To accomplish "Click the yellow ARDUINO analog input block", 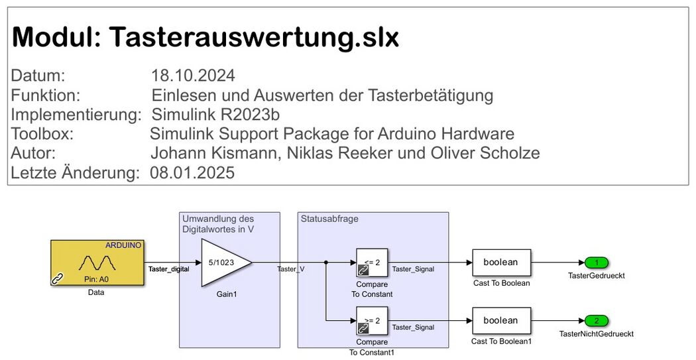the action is [x=97, y=263].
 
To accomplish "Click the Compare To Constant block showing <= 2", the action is [x=372, y=263].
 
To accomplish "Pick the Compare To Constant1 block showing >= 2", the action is [x=372, y=320].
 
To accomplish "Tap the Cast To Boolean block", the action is [x=501, y=263].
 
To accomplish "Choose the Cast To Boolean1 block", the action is [x=501, y=320].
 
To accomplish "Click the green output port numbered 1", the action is [x=597, y=263].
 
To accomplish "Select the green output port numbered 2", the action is [x=597, y=320].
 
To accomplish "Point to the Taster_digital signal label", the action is [x=168, y=269].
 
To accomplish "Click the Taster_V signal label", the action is [x=291, y=269].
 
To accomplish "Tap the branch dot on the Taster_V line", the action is [x=326, y=263].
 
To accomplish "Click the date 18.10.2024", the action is [x=193, y=76].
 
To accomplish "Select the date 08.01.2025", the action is [x=192, y=172].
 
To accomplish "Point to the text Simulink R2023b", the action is [x=216, y=115].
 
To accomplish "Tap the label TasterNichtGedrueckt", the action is [x=596, y=333].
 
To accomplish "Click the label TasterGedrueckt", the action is [x=596, y=276].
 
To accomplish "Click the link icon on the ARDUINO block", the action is [x=58, y=278].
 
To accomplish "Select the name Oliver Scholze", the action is [x=485, y=152].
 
